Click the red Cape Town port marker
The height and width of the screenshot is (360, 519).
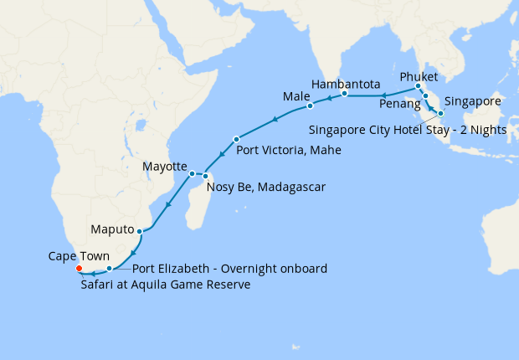coord(78,269)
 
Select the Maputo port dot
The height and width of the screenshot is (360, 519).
coord(139,230)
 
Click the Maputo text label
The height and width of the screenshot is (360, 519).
coord(113,229)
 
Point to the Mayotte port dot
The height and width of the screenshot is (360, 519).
coord(192,173)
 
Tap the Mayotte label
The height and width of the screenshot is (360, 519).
coord(164,167)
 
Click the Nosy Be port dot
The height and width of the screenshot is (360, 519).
coord(205,175)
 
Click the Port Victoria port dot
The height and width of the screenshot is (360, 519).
coord(237,139)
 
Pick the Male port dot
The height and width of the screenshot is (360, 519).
coord(310,106)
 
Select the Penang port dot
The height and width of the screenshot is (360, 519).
coord(425,96)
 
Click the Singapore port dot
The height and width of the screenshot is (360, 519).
coord(440,112)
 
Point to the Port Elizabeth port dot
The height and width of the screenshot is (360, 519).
coord(110,269)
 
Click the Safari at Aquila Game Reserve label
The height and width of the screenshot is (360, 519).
coord(166,285)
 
